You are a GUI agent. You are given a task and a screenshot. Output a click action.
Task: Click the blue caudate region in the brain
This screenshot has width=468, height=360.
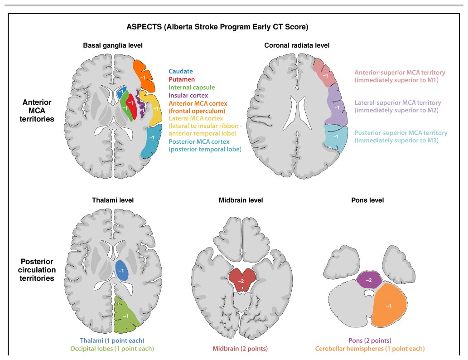click(121, 92)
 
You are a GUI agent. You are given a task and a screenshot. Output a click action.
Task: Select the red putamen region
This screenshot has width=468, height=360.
click(131, 106)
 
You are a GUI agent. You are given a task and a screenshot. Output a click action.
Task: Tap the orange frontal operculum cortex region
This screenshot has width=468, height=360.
click(144, 76)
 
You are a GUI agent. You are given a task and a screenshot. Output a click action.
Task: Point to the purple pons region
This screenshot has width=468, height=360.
click(369, 280)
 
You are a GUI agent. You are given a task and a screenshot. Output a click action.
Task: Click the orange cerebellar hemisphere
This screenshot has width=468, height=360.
click(389, 305)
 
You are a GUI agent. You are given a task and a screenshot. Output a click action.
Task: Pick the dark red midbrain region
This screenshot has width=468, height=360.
click(241, 279)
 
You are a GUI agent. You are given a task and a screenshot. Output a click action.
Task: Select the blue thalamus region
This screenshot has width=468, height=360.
click(121, 270)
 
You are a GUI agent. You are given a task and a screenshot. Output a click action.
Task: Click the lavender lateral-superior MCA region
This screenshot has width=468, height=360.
click(337, 106)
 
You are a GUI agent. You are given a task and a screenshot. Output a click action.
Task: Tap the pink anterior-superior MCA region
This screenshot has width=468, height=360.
click(324, 73)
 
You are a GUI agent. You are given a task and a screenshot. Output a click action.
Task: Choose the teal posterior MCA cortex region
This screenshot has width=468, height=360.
click(151, 141)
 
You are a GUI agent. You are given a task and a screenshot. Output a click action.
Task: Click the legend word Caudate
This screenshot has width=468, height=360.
click(181, 71)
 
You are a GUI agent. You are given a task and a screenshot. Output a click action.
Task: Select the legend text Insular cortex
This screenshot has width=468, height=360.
click(188, 95)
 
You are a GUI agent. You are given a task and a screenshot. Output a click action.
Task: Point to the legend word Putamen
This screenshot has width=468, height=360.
click(182, 79)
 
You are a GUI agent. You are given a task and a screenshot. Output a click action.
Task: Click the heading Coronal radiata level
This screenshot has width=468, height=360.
click(297, 45)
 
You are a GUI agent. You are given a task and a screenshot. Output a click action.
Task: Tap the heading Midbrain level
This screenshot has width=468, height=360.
click(241, 200)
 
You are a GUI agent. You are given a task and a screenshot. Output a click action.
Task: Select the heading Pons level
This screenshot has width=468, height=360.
click(367, 200)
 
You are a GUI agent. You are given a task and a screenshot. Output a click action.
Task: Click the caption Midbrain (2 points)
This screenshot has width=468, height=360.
click(240, 348)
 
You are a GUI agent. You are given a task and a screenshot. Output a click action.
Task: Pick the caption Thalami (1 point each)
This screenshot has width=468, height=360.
click(112, 341)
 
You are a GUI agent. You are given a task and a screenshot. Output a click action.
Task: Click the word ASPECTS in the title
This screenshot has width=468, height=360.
click(144, 27)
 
